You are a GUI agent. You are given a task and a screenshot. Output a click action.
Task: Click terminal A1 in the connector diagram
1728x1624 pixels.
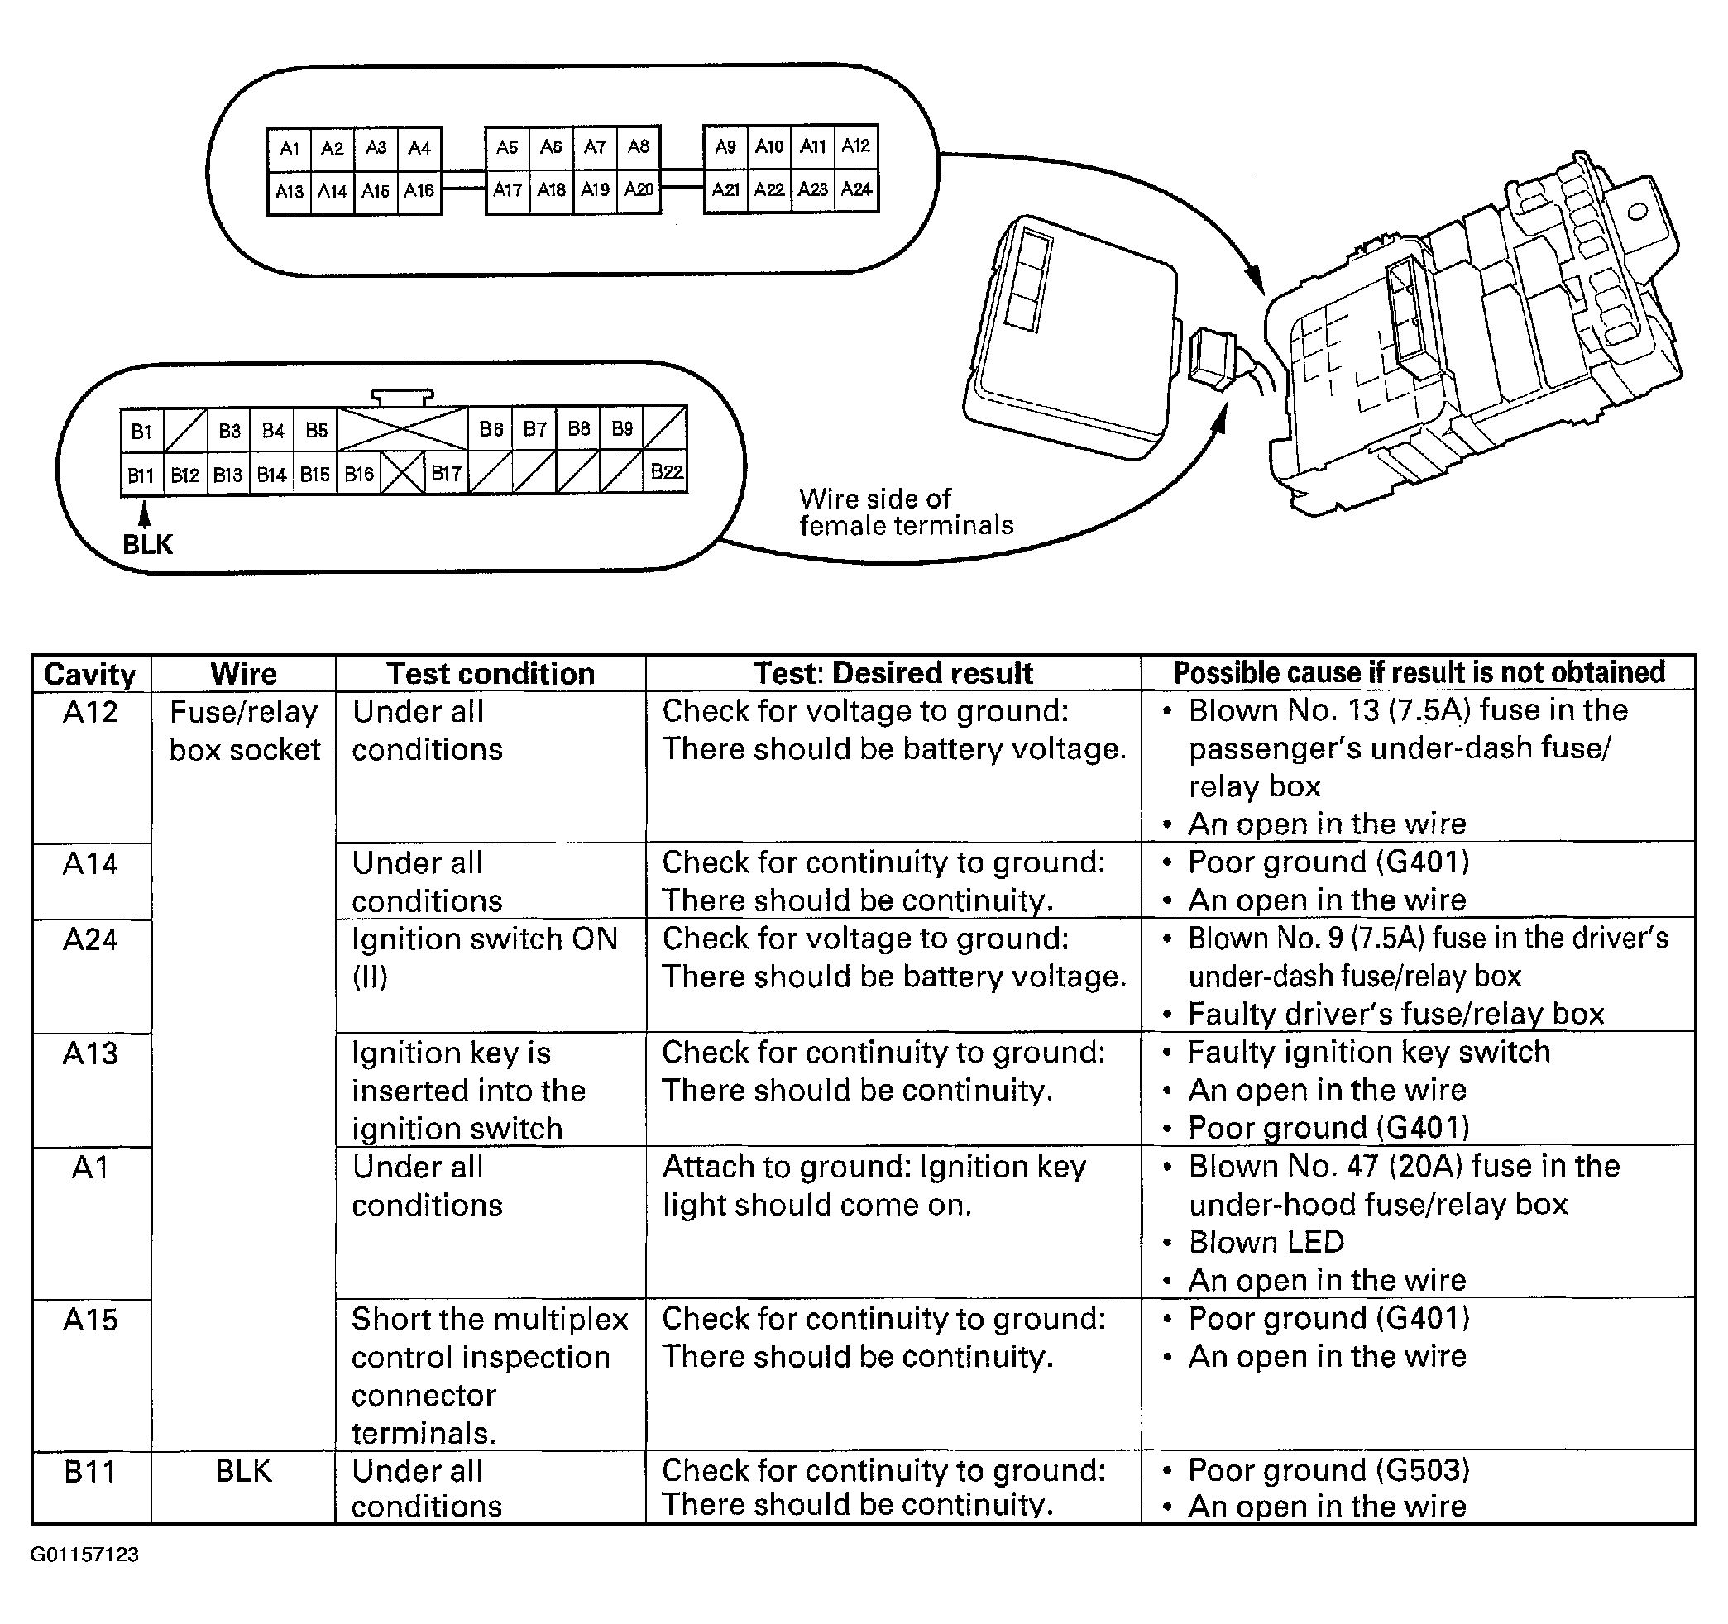point(290,148)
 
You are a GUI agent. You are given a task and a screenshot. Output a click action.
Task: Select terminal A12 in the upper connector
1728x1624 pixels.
point(856,146)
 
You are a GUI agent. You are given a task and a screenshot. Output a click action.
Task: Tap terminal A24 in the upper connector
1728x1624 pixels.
point(856,189)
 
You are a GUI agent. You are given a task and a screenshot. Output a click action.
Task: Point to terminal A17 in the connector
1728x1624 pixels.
point(508,189)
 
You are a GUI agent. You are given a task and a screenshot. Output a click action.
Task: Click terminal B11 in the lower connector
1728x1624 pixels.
point(141,475)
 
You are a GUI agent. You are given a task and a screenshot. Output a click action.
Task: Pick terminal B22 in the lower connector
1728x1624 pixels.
point(666,472)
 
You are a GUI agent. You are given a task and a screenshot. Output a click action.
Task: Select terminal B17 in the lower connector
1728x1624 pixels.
point(446,474)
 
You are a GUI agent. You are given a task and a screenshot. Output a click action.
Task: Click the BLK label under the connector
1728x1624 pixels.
point(148,545)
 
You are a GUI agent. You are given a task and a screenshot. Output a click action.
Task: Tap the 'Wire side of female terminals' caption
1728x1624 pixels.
point(905,512)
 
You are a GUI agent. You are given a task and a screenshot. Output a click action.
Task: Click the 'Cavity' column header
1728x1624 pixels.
point(89,674)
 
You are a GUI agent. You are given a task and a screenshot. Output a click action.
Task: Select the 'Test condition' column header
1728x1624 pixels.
point(491,673)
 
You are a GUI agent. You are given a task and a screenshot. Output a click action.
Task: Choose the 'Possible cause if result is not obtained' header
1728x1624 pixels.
point(1419,672)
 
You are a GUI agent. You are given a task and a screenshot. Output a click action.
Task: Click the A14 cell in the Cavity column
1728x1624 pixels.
point(90,864)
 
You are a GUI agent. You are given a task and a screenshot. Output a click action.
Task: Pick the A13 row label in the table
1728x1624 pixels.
point(90,1053)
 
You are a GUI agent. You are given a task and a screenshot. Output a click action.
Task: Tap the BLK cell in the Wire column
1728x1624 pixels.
point(243,1471)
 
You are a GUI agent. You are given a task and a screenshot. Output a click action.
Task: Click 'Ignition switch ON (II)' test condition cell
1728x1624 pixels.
point(484,958)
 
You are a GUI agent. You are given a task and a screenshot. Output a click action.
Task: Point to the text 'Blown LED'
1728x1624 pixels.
point(1266,1242)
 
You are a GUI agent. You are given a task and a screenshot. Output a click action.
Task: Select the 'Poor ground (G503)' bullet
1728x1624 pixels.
point(1328,1470)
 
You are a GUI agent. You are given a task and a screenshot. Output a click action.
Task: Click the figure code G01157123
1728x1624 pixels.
point(84,1555)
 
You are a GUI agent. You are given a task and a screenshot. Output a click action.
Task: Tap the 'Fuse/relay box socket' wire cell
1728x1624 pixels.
point(244,730)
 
